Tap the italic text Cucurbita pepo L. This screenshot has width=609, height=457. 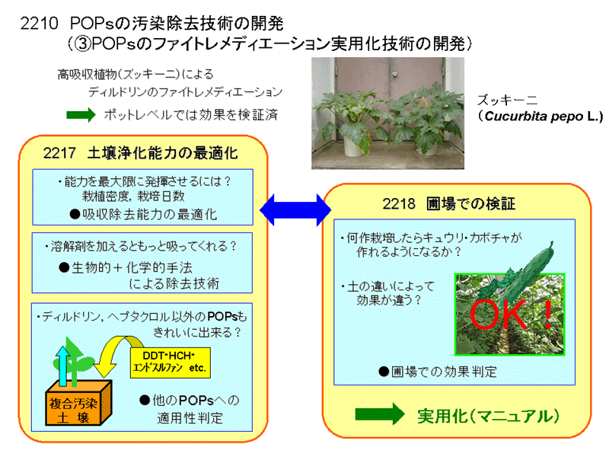coord(540,117)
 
